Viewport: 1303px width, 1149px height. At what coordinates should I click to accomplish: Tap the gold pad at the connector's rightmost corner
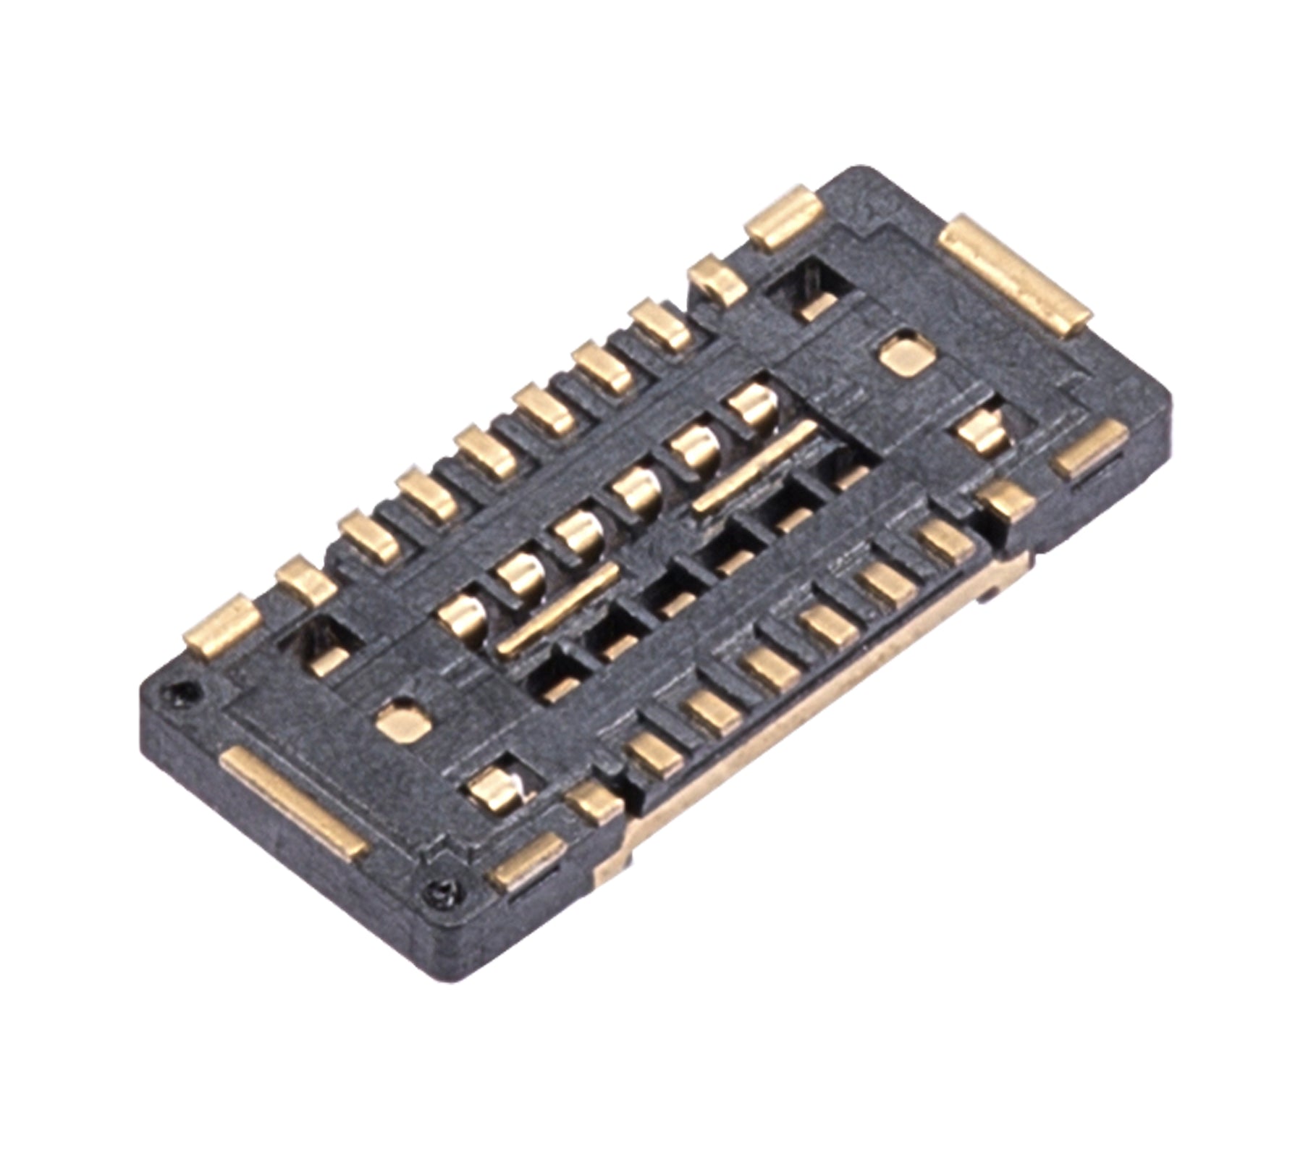tap(1089, 449)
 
